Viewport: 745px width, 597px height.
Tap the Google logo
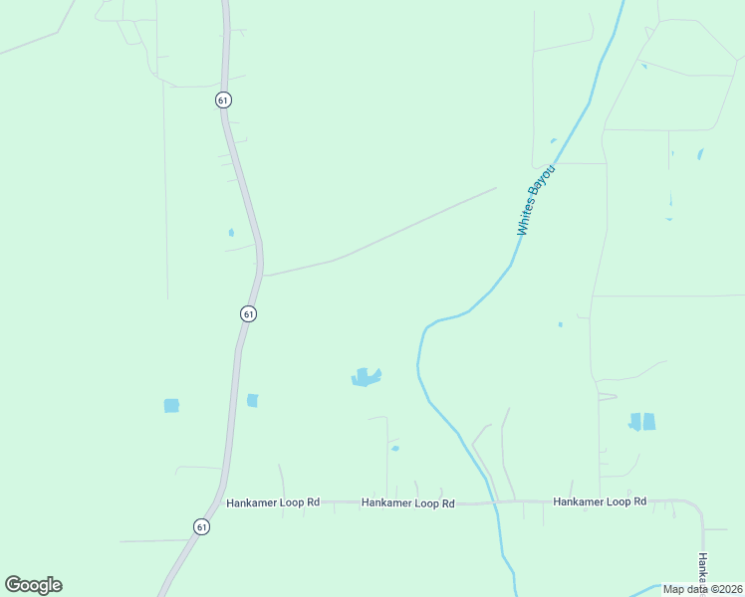tap(33, 585)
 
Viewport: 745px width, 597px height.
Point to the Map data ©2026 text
tap(702, 589)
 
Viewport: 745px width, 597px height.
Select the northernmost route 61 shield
tap(222, 99)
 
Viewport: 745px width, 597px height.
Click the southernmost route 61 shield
tap(201, 526)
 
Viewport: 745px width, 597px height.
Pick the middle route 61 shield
tap(248, 313)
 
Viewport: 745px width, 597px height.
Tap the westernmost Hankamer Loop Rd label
tap(272, 502)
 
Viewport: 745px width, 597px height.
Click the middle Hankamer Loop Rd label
tap(407, 503)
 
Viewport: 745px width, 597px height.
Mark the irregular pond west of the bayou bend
tap(366, 377)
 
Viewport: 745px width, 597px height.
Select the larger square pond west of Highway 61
tap(171, 405)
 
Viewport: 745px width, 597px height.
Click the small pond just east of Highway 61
tap(252, 400)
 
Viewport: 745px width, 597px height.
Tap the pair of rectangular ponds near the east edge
tap(642, 421)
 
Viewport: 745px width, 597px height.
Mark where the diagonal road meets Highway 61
tap(262, 275)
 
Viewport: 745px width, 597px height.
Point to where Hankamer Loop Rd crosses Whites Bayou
tap(492, 502)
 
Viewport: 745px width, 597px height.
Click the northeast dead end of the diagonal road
tap(495, 187)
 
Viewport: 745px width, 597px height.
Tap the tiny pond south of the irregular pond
tap(395, 449)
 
